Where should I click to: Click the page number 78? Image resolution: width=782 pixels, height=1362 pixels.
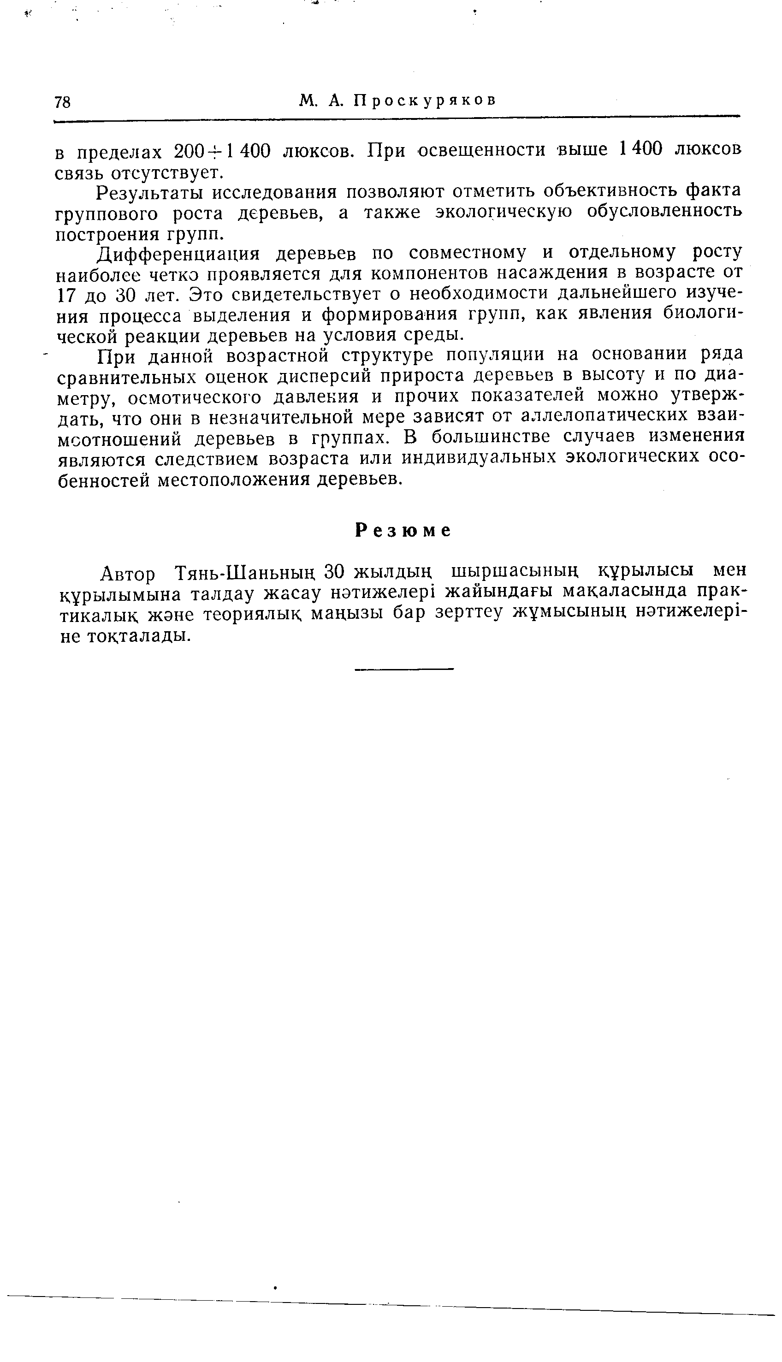[x=62, y=102]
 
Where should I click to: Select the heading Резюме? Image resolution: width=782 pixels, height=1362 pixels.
[x=403, y=531]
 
